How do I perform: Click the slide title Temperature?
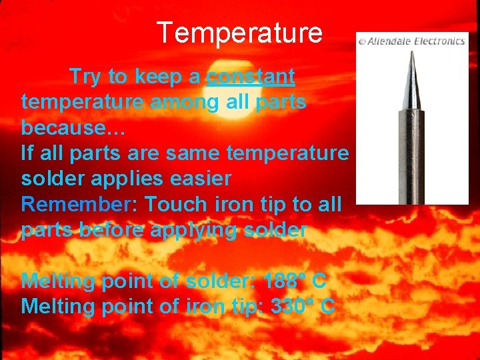(x=239, y=32)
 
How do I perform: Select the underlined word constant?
(x=250, y=77)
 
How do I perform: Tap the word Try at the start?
(x=83, y=77)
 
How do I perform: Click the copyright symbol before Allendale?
(x=362, y=41)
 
